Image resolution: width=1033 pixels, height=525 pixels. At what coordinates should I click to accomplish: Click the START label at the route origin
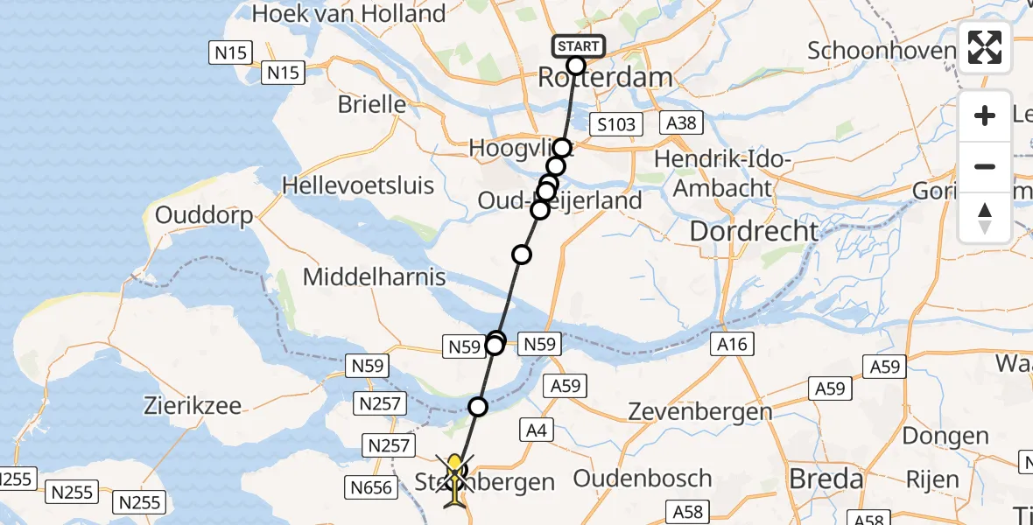pyautogui.click(x=578, y=45)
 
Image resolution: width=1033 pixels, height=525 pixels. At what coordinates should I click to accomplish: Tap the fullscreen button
pyautogui.click(x=985, y=47)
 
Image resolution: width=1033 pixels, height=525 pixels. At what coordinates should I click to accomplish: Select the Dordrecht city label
pyautogui.click(x=754, y=232)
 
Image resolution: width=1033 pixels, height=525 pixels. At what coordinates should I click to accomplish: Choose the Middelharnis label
pyautogui.click(x=374, y=278)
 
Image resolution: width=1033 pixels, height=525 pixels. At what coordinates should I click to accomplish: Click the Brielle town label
pyautogui.click(x=372, y=105)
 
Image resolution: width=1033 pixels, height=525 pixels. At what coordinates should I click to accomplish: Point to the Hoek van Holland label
pyautogui.click(x=348, y=14)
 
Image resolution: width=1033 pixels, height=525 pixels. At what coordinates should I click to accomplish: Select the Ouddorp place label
pyautogui.click(x=204, y=215)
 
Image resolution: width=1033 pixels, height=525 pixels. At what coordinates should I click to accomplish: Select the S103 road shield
pyautogui.click(x=615, y=124)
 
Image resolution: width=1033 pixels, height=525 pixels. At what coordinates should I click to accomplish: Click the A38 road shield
pyautogui.click(x=680, y=122)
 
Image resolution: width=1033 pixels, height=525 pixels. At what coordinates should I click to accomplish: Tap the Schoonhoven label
pyautogui.click(x=881, y=50)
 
